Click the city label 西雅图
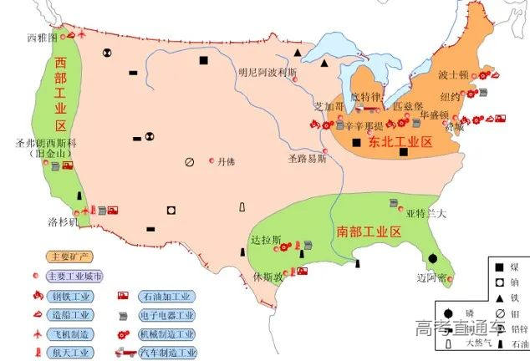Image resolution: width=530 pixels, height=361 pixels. point(42,38)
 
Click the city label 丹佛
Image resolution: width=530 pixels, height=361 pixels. point(226,161)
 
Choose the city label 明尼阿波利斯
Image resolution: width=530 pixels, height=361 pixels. point(268,72)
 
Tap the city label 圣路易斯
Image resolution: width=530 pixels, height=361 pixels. point(308,158)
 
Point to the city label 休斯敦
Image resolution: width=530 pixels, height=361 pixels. point(268,276)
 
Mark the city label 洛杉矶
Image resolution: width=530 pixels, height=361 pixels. point(63,222)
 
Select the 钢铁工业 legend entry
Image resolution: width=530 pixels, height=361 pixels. point(69,296)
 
